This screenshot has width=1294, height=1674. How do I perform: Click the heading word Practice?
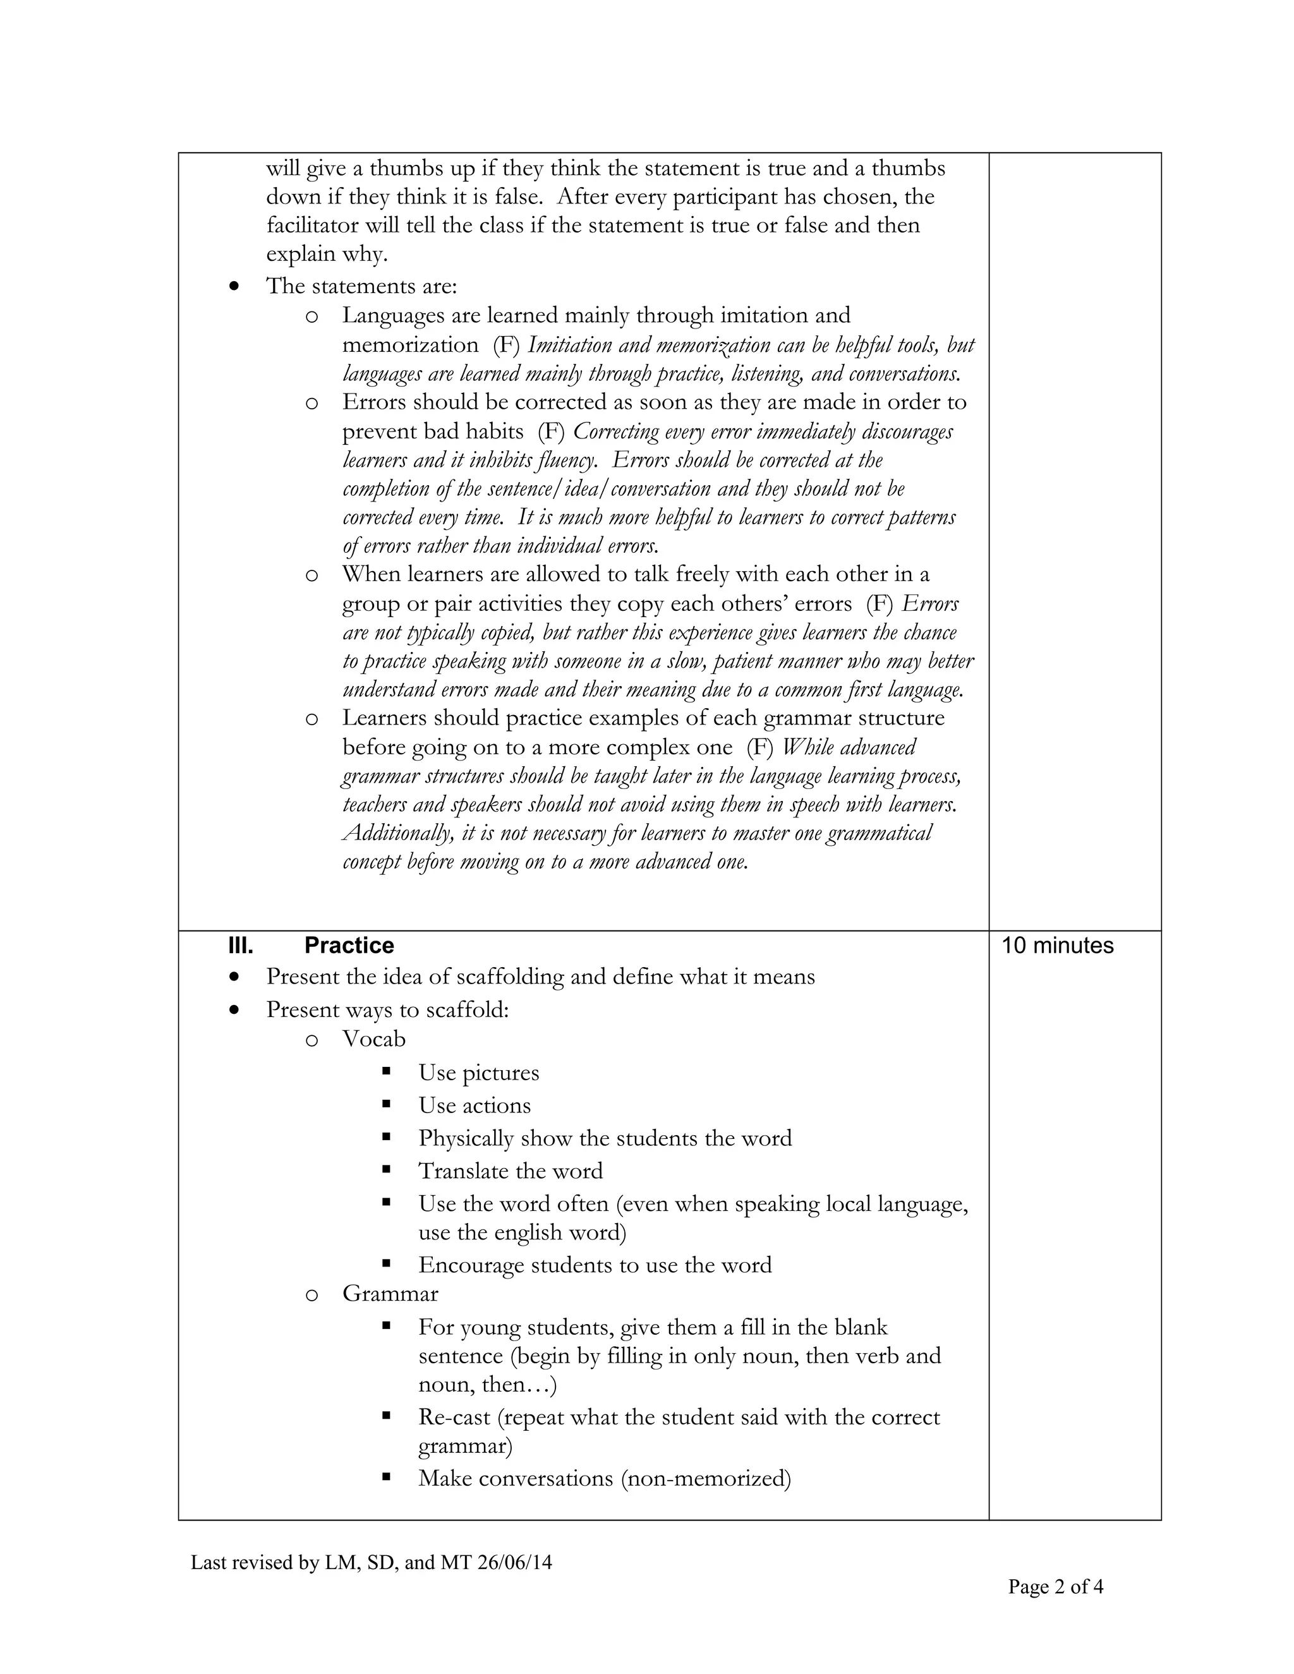tap(349, 945)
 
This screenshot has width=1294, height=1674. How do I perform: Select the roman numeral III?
tap(241, 945)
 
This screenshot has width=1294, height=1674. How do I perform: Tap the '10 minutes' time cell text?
tap(1057, 945)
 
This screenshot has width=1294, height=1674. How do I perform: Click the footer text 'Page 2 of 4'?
tap(1056, 1587)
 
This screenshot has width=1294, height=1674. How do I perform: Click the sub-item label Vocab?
tap(373, 1039)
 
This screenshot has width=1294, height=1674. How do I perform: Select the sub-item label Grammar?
tap(390, 1294)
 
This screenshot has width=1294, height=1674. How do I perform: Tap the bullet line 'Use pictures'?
tap(478, 1073)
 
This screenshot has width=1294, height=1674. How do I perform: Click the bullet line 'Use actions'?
tap(474, 1105)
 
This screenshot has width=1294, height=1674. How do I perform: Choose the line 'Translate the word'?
tap(511, 1171)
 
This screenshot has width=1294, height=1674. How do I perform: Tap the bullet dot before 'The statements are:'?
tap(234, 287)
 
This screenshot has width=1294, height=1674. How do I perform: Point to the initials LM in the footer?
tap(338, 1562)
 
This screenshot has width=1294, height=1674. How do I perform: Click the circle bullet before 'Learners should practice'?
tap(311, 719)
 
